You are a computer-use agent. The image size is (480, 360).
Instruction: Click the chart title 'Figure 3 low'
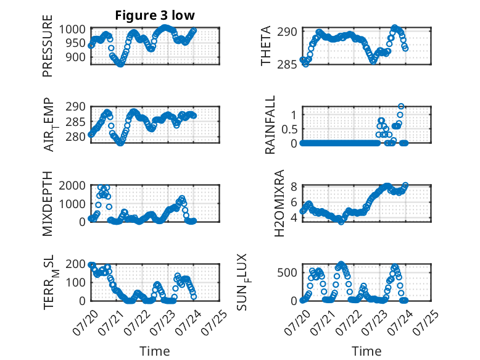point(155,15)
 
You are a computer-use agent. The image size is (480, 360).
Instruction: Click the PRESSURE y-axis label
point(48,46)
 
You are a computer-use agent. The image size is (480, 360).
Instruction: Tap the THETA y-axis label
point(266,46)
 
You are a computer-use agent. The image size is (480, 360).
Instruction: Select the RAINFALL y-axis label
point(270,125)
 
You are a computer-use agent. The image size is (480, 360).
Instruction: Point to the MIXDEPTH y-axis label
point(48,203)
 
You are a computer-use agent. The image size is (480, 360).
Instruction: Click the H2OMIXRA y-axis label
point(279,203)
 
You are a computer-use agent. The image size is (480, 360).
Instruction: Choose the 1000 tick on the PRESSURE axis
point(72,30)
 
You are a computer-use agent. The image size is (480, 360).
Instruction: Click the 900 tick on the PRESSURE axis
point(75,57)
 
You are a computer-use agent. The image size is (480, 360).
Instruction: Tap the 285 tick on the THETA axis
point(287,65)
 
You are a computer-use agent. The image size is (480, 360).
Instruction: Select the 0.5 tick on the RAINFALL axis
point(289,129)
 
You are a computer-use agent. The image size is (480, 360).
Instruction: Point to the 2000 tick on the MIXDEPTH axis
point(72,185)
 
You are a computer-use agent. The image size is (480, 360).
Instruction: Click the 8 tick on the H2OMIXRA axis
point(294,186)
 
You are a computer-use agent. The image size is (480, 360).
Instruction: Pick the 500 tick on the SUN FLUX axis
point(287,272)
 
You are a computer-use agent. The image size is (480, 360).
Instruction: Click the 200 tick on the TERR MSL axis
point(75,264)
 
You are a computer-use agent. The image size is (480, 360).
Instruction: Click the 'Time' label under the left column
point(155,351)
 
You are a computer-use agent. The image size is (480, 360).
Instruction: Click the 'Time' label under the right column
point(366,351)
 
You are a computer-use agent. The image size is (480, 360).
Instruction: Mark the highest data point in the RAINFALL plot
point(401,106)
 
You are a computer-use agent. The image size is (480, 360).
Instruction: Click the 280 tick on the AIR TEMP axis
point(75,136)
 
